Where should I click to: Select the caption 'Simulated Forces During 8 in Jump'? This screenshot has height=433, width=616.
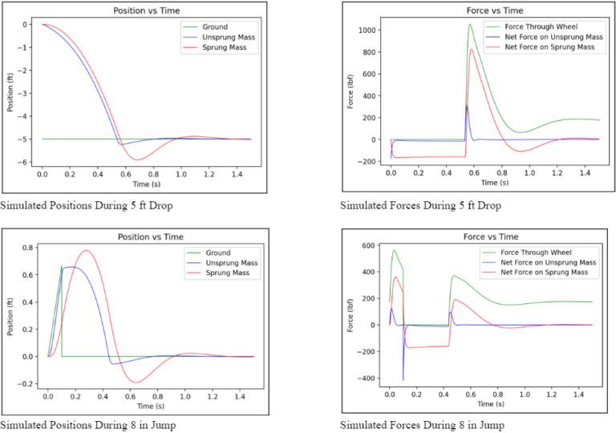coord(422,424)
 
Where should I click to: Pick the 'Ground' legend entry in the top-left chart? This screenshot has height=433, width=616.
coord(215,26)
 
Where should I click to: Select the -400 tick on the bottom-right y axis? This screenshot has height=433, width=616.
coord(367,378)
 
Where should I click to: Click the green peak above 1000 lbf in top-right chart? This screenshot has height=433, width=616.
coord(471,25)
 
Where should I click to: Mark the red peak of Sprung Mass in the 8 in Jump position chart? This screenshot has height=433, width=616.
coord(87,251)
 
